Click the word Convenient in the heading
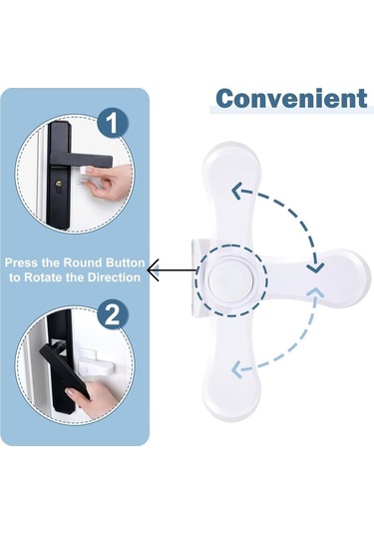point(292,98)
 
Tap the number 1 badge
point(113,123)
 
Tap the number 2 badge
point(113,314)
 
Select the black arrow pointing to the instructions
point(172,270)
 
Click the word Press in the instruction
point(21,263)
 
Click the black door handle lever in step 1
point(81,159)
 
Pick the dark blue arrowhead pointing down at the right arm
point(315,268)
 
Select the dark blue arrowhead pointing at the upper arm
point(238,191)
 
